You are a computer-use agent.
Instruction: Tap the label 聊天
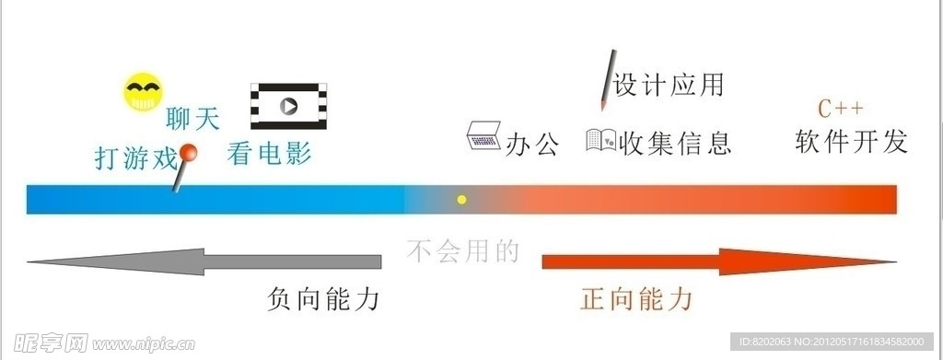192,118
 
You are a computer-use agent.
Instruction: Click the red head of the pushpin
189,154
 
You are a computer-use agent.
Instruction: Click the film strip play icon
290,105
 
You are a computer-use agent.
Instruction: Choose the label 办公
533,144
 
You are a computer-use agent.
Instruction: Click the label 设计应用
669,86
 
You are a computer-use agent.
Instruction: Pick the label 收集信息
675,143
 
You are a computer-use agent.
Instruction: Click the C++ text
841,109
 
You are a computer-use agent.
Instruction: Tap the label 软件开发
852,141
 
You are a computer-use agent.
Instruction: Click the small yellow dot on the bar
462,199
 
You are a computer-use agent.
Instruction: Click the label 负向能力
323,299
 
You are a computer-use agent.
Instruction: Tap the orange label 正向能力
636,299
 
